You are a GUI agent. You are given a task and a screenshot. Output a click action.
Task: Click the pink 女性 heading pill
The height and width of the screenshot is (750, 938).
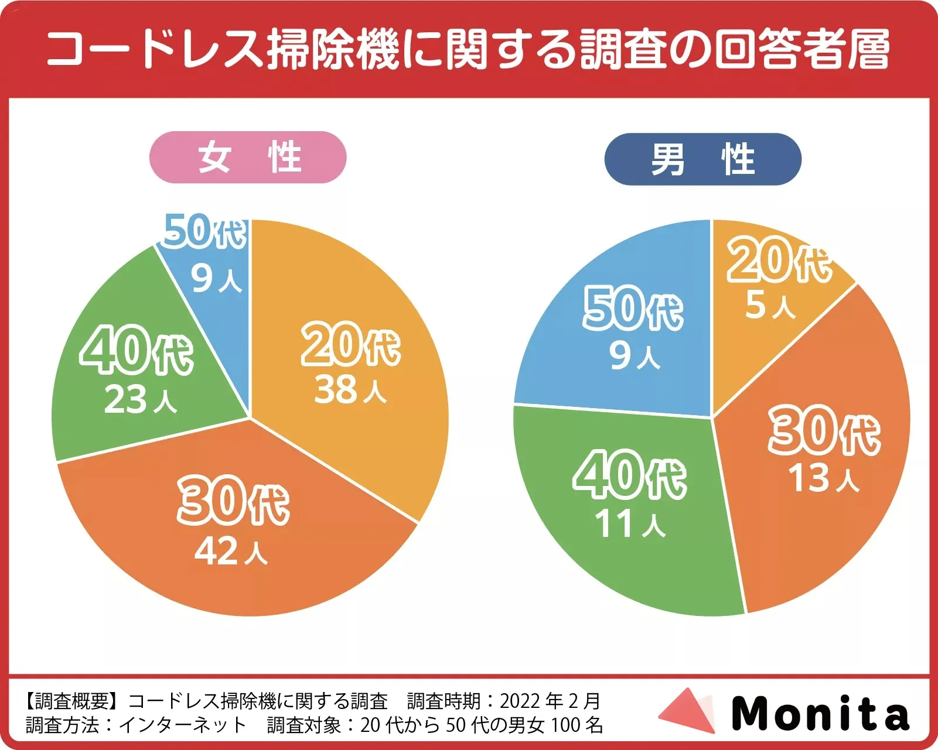point(248,157)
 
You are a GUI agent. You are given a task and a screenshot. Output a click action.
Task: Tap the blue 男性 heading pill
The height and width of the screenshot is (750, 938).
point(702,159)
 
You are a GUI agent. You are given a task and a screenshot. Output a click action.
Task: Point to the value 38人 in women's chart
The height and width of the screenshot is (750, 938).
point(350,390)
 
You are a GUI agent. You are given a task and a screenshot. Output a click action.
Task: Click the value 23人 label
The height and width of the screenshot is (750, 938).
point(141,400)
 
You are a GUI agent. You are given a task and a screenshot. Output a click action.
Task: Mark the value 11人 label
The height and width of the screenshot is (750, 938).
point(630,523)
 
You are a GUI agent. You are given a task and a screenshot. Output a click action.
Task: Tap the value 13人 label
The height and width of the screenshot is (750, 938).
point(823,478)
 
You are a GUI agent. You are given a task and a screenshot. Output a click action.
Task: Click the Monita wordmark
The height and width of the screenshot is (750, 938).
point(820,714)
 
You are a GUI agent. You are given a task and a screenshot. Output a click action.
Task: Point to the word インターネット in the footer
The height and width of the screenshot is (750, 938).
point(183,725)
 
